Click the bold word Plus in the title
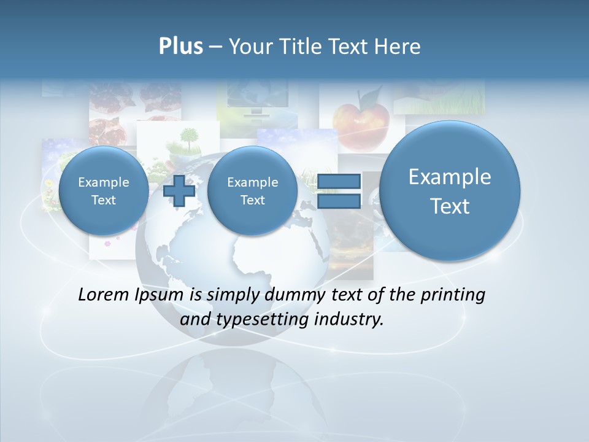pos(180,47)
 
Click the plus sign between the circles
pos(179,191)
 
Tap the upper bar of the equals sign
pos(339,181)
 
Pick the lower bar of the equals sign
pos(339,201)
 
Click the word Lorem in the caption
pos(104,295)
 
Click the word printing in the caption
pos(452,295)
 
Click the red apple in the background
pos(361,121)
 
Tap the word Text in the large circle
pos(450,206)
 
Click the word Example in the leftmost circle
pos(104,182)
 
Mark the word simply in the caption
pos(232,295)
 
